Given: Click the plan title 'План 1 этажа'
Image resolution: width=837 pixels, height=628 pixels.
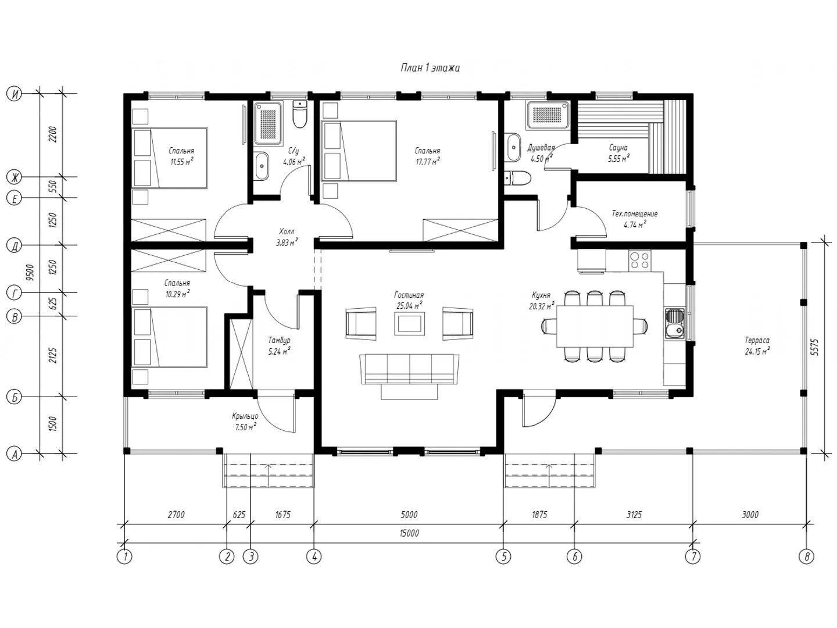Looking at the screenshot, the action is pos(430,68).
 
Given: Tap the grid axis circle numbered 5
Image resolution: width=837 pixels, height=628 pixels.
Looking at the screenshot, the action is pos(503,556).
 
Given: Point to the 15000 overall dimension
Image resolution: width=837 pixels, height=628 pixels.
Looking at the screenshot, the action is pos(409,533).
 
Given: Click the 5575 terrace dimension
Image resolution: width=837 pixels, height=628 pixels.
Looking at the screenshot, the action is pos(814,347).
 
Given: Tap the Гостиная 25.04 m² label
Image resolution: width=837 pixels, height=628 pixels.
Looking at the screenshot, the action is pos(409,300).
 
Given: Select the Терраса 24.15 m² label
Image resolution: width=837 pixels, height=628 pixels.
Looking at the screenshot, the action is pos(757,346).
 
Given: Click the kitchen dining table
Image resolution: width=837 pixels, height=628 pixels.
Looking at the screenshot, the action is pos(595,326).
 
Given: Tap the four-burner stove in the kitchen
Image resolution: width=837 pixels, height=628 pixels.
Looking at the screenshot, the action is pos(639,261).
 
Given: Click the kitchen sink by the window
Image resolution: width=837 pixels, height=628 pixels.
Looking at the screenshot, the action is pos(675,324).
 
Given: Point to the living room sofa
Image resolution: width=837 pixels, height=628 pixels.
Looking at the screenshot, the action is pos(409,369).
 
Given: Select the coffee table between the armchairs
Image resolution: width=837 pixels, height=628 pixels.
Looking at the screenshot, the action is pos(409,323).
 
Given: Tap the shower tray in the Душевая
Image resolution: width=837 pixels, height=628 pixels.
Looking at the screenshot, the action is pos(548,115).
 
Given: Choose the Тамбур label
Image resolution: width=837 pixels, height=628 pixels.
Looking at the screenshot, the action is pos(279,340).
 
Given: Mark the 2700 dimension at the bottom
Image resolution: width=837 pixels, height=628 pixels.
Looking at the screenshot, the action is pos(176,515).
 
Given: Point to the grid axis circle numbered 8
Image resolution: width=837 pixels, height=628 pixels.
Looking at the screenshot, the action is pos(806,556).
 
